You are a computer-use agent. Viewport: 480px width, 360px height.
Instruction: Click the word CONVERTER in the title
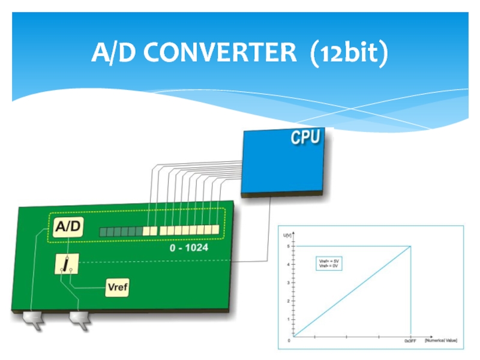coord(220,53)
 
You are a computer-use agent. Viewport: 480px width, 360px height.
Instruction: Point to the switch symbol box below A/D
coord(65,263)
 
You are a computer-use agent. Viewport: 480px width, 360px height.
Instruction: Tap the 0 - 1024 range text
coord(189,247)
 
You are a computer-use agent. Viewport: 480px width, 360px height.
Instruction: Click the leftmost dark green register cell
coord(103,231)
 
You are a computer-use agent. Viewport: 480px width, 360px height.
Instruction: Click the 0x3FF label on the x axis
coord(410,341)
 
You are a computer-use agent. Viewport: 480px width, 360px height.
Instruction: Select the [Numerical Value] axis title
coord(441,340)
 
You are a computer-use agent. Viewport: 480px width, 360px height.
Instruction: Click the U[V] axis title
coord(287,236)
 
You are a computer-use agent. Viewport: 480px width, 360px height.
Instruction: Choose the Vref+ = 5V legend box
coord(328,263)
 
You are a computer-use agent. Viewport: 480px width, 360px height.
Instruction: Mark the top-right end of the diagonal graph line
coord(410,246)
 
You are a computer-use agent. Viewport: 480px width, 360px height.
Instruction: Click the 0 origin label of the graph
coord(289,341)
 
